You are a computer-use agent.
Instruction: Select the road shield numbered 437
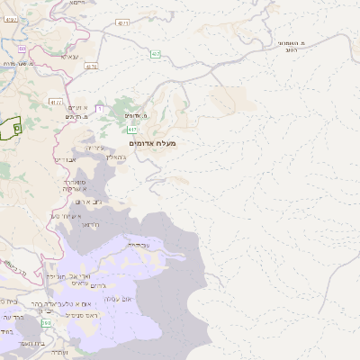point(156,54)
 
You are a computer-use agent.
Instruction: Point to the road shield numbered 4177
point(57,102)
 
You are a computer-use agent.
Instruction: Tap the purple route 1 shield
point(100,109)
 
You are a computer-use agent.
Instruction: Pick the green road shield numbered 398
point(45,334)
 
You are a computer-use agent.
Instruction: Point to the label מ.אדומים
point(132,115)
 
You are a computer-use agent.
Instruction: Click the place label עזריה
point(96,148)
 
